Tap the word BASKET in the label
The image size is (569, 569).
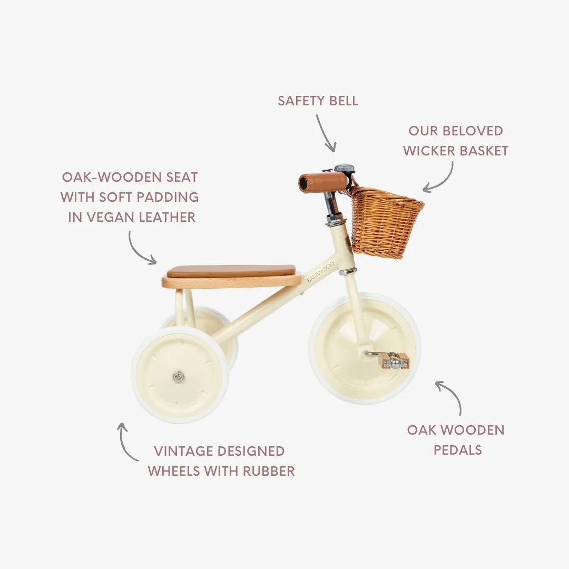484,151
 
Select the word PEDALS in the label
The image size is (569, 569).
458,450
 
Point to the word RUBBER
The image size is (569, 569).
268,471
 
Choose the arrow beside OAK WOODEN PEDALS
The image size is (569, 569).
450,396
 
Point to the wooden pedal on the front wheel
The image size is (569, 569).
394,361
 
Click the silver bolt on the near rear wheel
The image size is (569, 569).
179,376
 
